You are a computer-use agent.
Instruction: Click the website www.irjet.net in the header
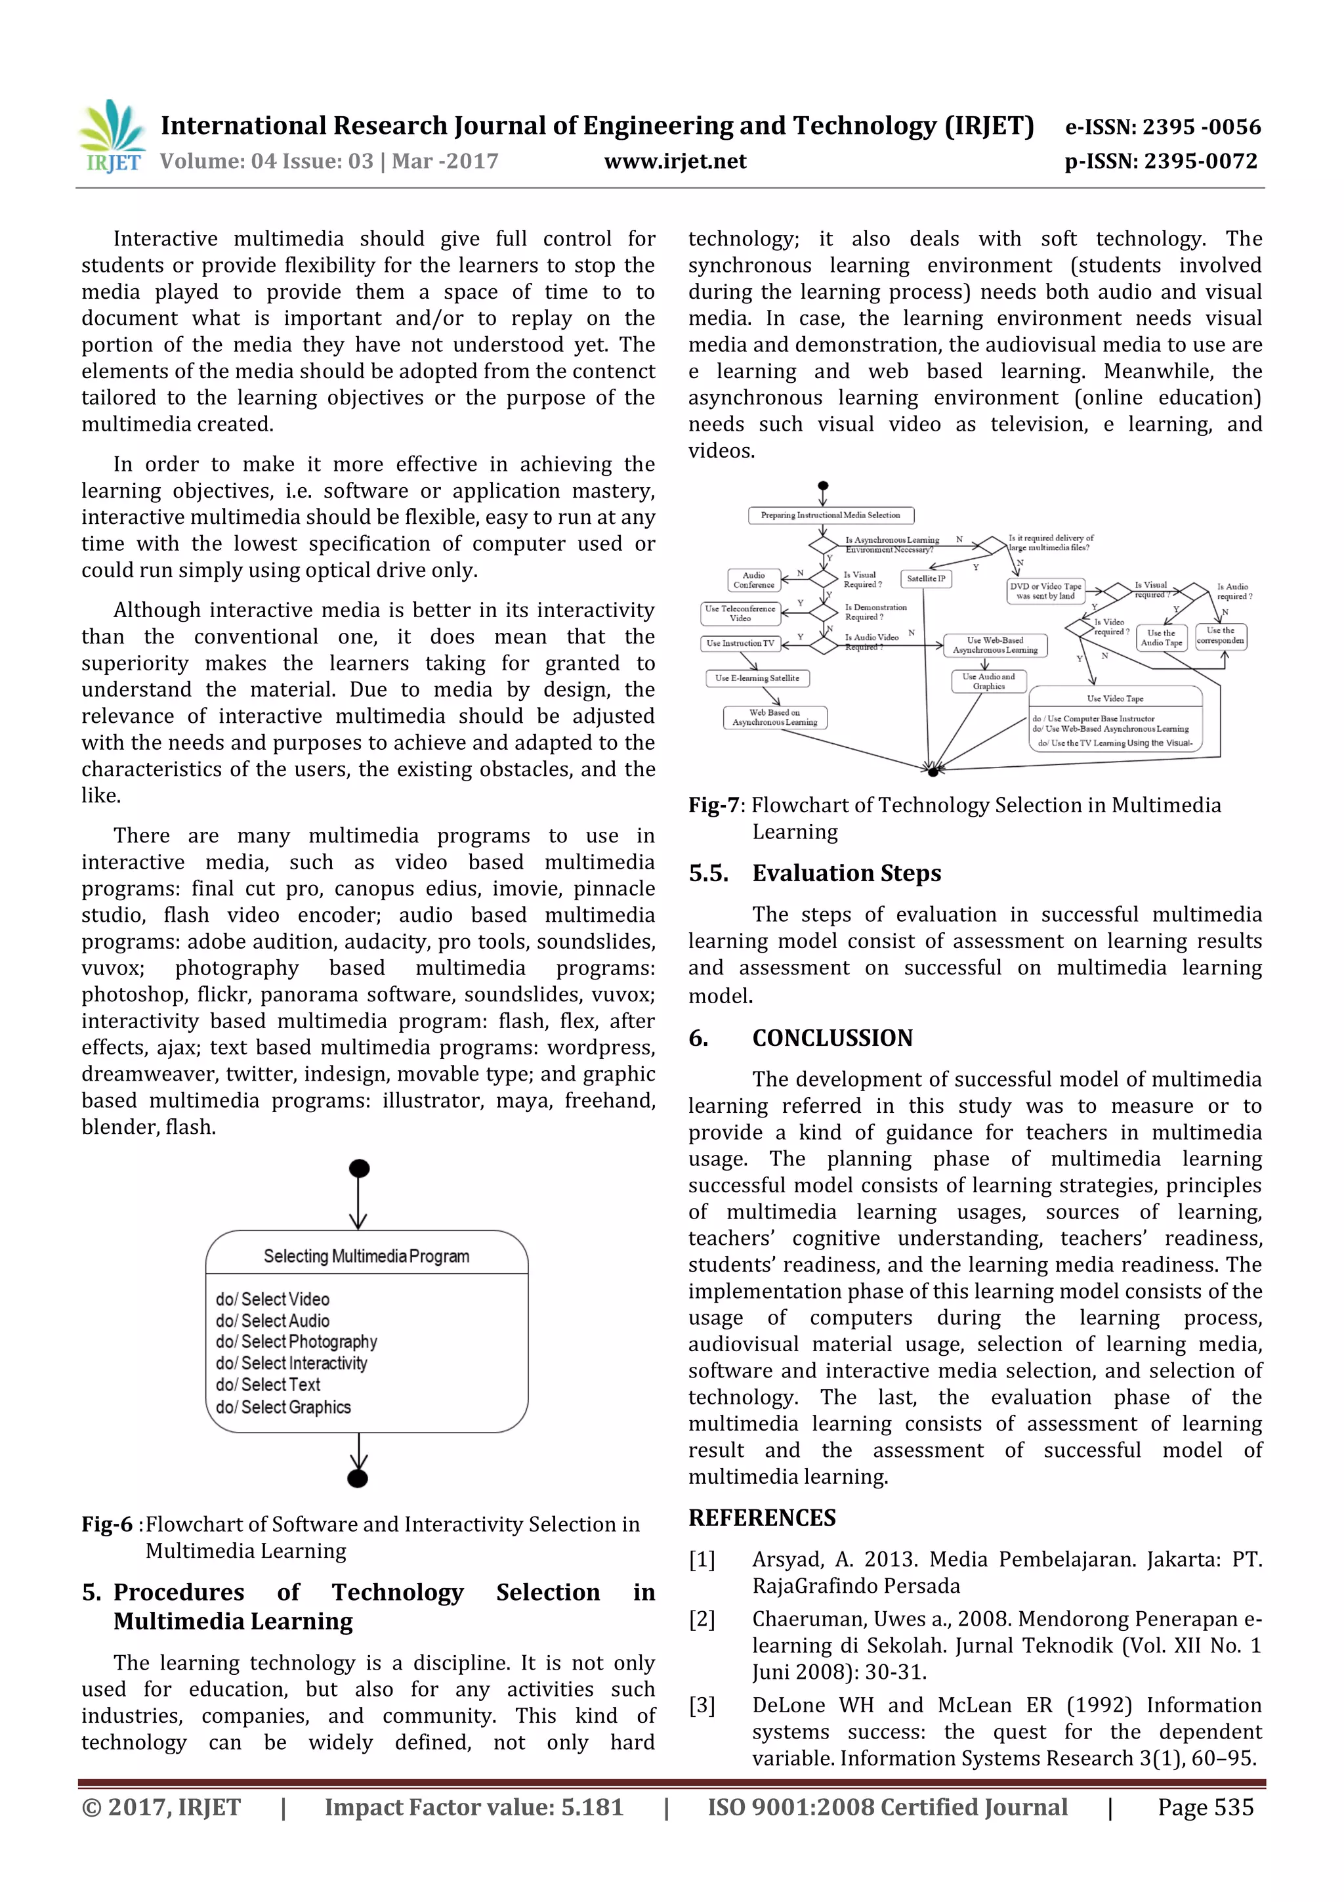pyautogui.click(x=675, y=162)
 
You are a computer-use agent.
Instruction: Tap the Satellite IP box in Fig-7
pyautogui.click(x=926, y=578)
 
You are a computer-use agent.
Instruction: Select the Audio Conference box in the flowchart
pyautogui.click(x=753, y=580)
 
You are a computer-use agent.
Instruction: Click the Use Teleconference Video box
pyautogui.click(x=740, y=614)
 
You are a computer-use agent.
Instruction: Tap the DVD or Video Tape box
pyautogui.click(x=1045, y=591)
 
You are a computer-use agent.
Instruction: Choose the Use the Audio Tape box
pyautogui.click(x=1161, y=637)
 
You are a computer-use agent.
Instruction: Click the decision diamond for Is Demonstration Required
pyautogui.click(x=824, y=612)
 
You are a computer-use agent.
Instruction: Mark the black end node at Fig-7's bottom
pyautogui.click(x=933, y=771)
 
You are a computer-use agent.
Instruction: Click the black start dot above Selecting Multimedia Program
pyautogui.click(x=358, y=1169)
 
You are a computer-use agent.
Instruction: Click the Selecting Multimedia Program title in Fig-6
pyautogui.click(x=366, y=1256)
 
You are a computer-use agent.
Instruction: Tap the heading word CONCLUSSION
pyautogui.click(x=831, y=1038)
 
